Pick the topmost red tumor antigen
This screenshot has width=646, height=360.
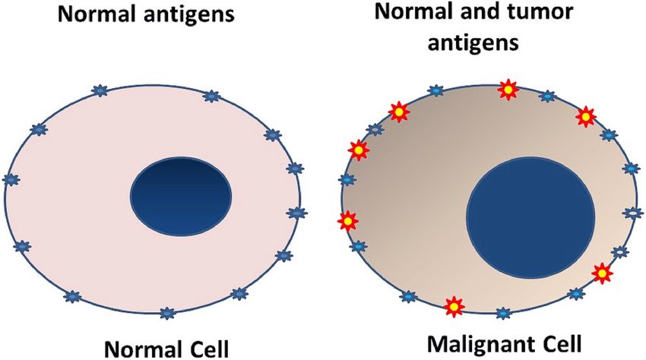[x=507, y=90]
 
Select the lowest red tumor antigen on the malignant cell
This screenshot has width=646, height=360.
[x=454, y=306]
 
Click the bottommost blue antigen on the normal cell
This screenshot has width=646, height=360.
[x=167, y=311]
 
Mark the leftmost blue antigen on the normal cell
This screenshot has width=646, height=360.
[x=11, y=180]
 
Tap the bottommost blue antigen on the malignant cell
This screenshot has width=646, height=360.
[x=502, y=313]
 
